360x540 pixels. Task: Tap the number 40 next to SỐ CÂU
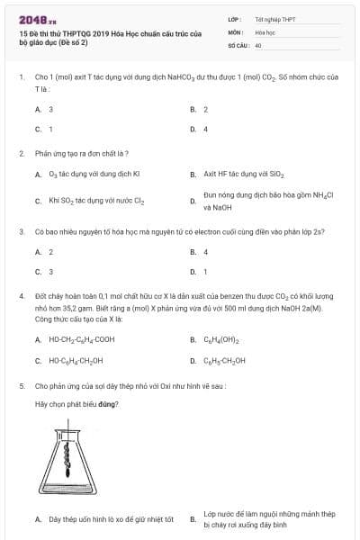(x=258, y=44)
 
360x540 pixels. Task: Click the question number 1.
(x=21, y=78)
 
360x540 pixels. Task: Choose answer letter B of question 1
(x=193, y=109)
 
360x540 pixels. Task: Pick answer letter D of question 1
(x=193, y=129)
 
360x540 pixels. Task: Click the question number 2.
(x=21, y=153)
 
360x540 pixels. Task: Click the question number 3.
(x=21, y=231)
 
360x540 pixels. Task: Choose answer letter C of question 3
(x=38, y=271)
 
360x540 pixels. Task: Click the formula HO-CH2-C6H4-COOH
(x=82, y=339)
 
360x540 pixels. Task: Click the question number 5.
(x=21, y=385)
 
